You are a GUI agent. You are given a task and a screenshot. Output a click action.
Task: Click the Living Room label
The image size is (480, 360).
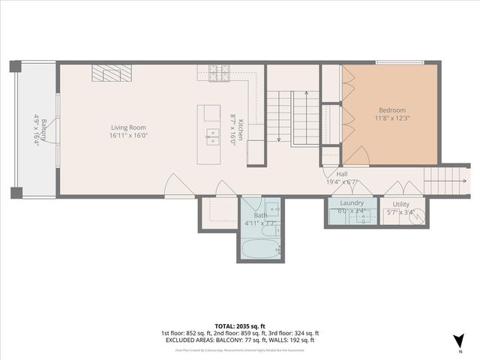(128, 127)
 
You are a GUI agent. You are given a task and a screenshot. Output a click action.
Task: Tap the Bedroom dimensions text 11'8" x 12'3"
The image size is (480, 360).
(391, 118)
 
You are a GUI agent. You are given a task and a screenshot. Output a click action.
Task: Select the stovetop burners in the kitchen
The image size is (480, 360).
(218, 73)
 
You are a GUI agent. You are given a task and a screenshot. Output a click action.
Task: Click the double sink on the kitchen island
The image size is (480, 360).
(212, 136)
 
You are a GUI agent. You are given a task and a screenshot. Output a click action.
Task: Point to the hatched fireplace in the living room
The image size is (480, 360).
(112, 73)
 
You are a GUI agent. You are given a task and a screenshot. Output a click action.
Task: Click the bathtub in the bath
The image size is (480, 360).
(260, 247)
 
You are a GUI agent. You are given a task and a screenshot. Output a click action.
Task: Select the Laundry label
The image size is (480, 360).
(352, 203)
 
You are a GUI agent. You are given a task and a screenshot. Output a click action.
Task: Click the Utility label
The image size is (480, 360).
(400, 203)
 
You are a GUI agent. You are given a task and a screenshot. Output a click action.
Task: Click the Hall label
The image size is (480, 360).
(331, 173)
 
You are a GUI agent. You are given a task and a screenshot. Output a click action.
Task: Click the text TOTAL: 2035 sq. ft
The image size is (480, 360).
(239, 326)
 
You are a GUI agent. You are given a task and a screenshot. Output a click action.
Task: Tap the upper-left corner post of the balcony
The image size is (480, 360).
(16, 67)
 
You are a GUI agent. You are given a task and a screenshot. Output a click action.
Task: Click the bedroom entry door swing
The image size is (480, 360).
(355, 157)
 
